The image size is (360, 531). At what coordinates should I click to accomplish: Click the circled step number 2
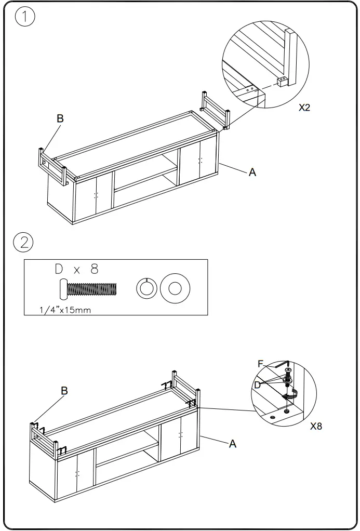[24, 243]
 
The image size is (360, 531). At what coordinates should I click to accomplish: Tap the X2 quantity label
[304, 109]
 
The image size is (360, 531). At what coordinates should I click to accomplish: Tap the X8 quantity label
[316, 426]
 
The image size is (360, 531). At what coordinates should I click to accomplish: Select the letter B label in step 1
[60, 118]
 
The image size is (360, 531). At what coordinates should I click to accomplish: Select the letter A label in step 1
[252, 172]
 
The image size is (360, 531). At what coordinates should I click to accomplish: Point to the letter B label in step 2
[64, 391]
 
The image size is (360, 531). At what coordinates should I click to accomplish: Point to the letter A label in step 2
[233, 444]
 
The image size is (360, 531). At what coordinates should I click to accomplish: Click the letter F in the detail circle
[261, 364]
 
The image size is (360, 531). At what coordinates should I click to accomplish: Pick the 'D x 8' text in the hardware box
[76, 269]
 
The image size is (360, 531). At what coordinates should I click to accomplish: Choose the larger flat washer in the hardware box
[175, 288]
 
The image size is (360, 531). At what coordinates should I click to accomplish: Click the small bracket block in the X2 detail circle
[282, 82]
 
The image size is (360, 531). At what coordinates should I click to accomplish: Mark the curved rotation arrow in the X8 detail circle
[295, 394]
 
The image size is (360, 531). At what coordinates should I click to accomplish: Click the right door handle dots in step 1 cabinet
[200, 161]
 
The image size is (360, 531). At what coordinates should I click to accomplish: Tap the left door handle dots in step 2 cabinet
[77, 473]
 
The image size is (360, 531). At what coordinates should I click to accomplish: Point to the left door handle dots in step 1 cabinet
[96, 195]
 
